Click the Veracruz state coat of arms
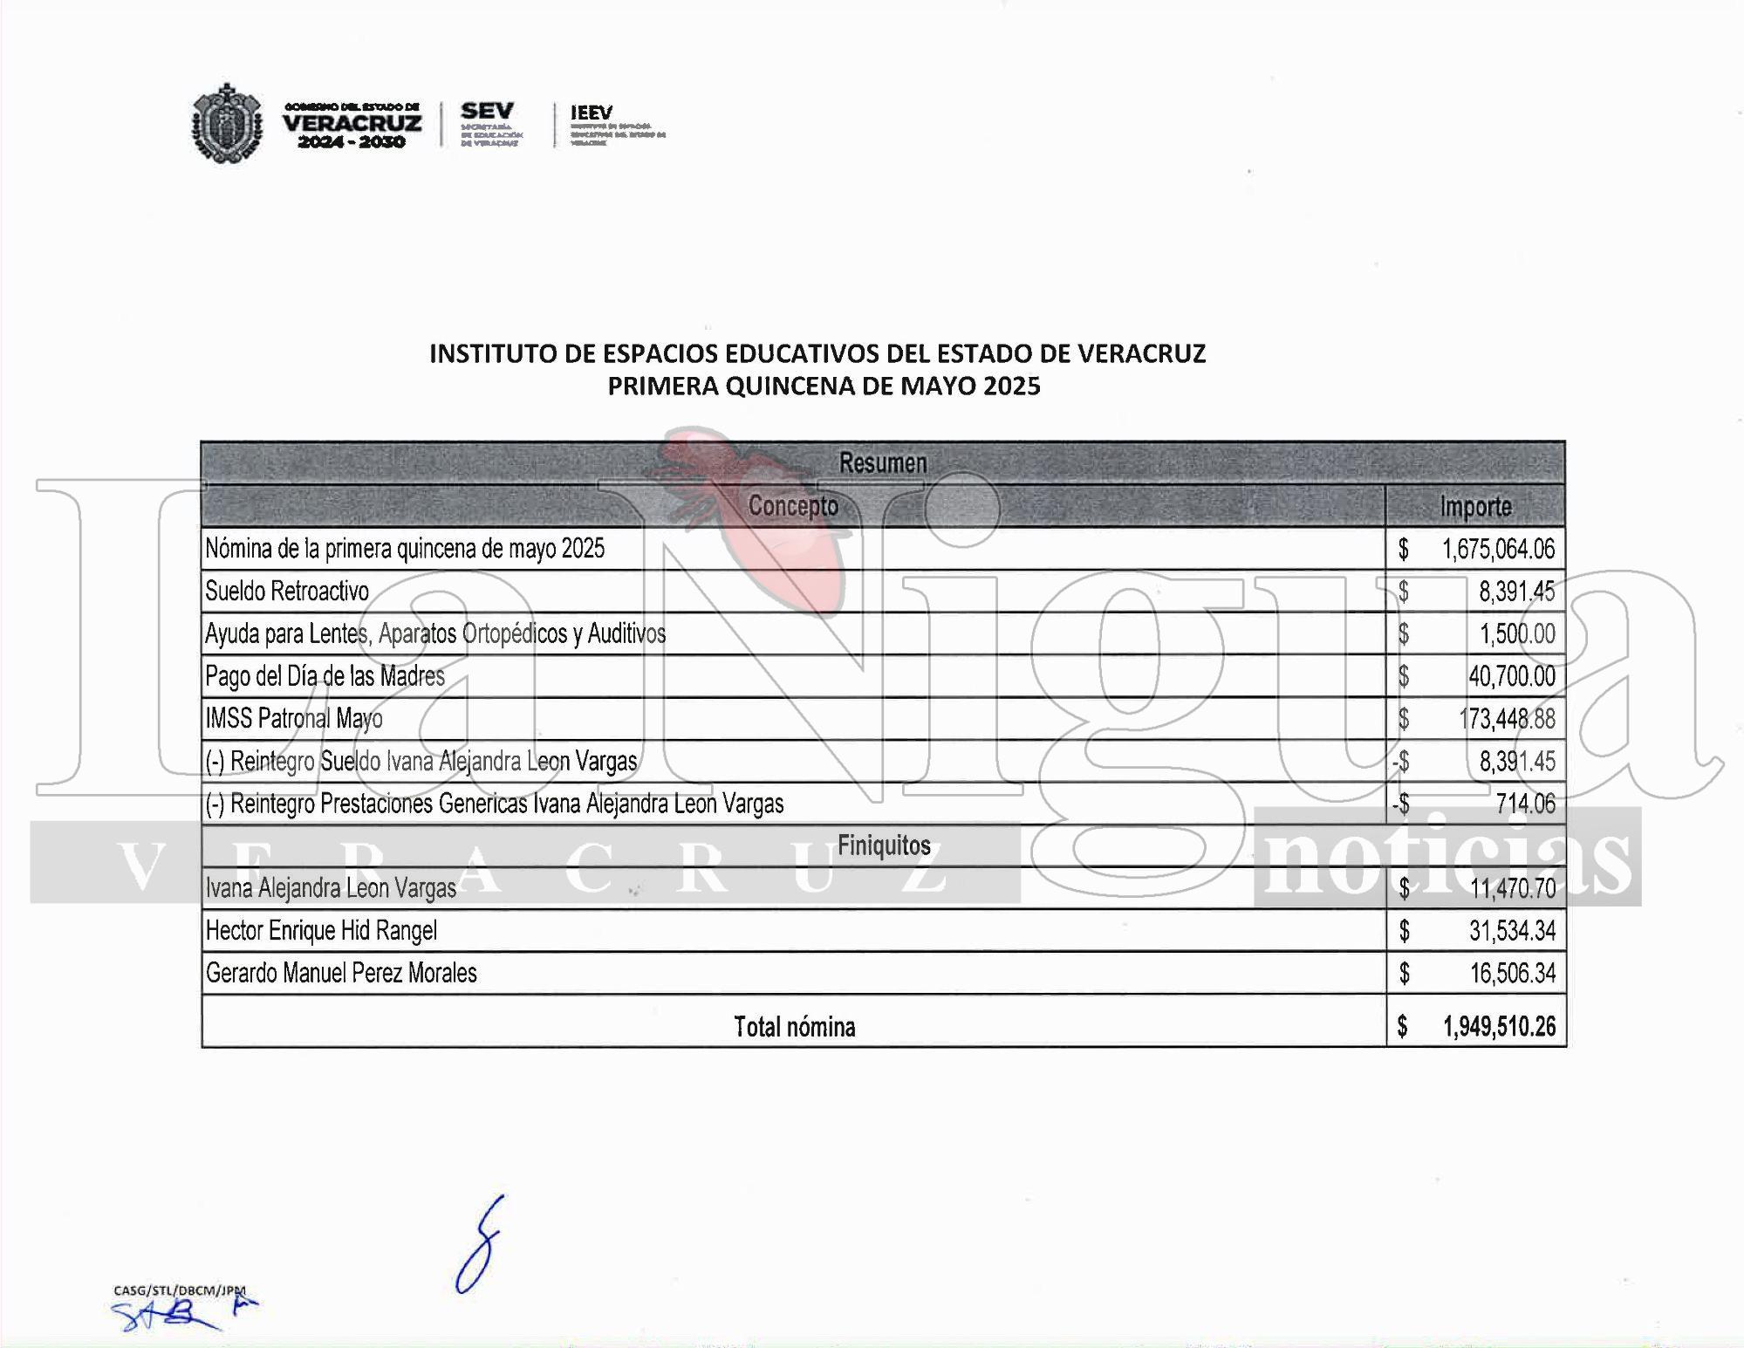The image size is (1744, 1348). coord(227,123)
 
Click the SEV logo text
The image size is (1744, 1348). coord(487,112)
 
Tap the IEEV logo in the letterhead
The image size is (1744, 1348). coord(592,113)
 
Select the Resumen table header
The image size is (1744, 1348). coord(882,463)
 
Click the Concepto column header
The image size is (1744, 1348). coord(792,506)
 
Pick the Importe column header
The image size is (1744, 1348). coord(1475,507)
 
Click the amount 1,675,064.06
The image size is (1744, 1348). coord(1498,549)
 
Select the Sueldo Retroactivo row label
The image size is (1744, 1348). coord(287,592)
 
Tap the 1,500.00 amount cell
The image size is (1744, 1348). coord(1516,634)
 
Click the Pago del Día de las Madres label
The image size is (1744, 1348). coord(325,676)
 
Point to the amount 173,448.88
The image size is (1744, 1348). coord(1507,719)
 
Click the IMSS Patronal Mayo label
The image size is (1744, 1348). coord(294,719)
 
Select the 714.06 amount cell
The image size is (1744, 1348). coord(1525,804)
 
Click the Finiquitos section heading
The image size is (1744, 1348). coord(883,845)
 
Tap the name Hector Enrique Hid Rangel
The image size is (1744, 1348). coord(321,931)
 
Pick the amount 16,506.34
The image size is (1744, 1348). coord(1512,973)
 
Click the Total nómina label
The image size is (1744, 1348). coord(794,1027)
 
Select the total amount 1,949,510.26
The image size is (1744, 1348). coord(1499,1027)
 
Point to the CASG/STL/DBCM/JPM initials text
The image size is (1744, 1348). coord(180,1290)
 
